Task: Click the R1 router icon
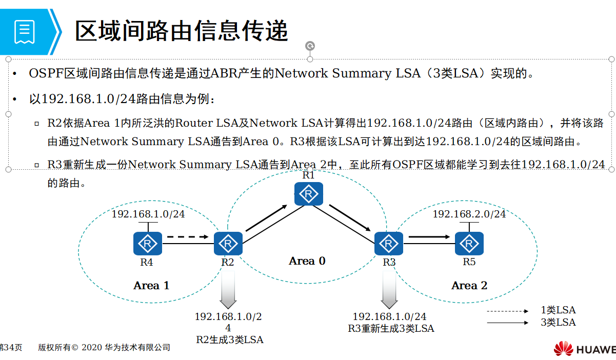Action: (x=308, y=194)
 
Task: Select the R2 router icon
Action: (x=228, y=244)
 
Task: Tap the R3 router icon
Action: (x=389, y=244)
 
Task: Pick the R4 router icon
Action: (x=148, y=244)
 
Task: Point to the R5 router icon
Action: (x=469, y=244)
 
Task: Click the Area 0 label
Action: (x=307, y=261)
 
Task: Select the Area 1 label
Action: (x=151, y=286)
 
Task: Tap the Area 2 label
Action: (x=469, y=286)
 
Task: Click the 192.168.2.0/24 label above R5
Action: (x=469, y=214)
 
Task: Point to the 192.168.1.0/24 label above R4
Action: (x=148, y=214)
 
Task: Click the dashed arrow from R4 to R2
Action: (x=188, y=237)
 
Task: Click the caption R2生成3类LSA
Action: (x=230, y=339)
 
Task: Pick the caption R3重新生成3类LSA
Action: (x=391, y=329)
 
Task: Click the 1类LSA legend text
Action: (x=558, y=310)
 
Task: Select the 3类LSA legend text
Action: (x=558, y=323)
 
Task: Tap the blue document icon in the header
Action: (x=25, y=32)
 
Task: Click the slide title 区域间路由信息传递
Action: (x=182, y=31)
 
